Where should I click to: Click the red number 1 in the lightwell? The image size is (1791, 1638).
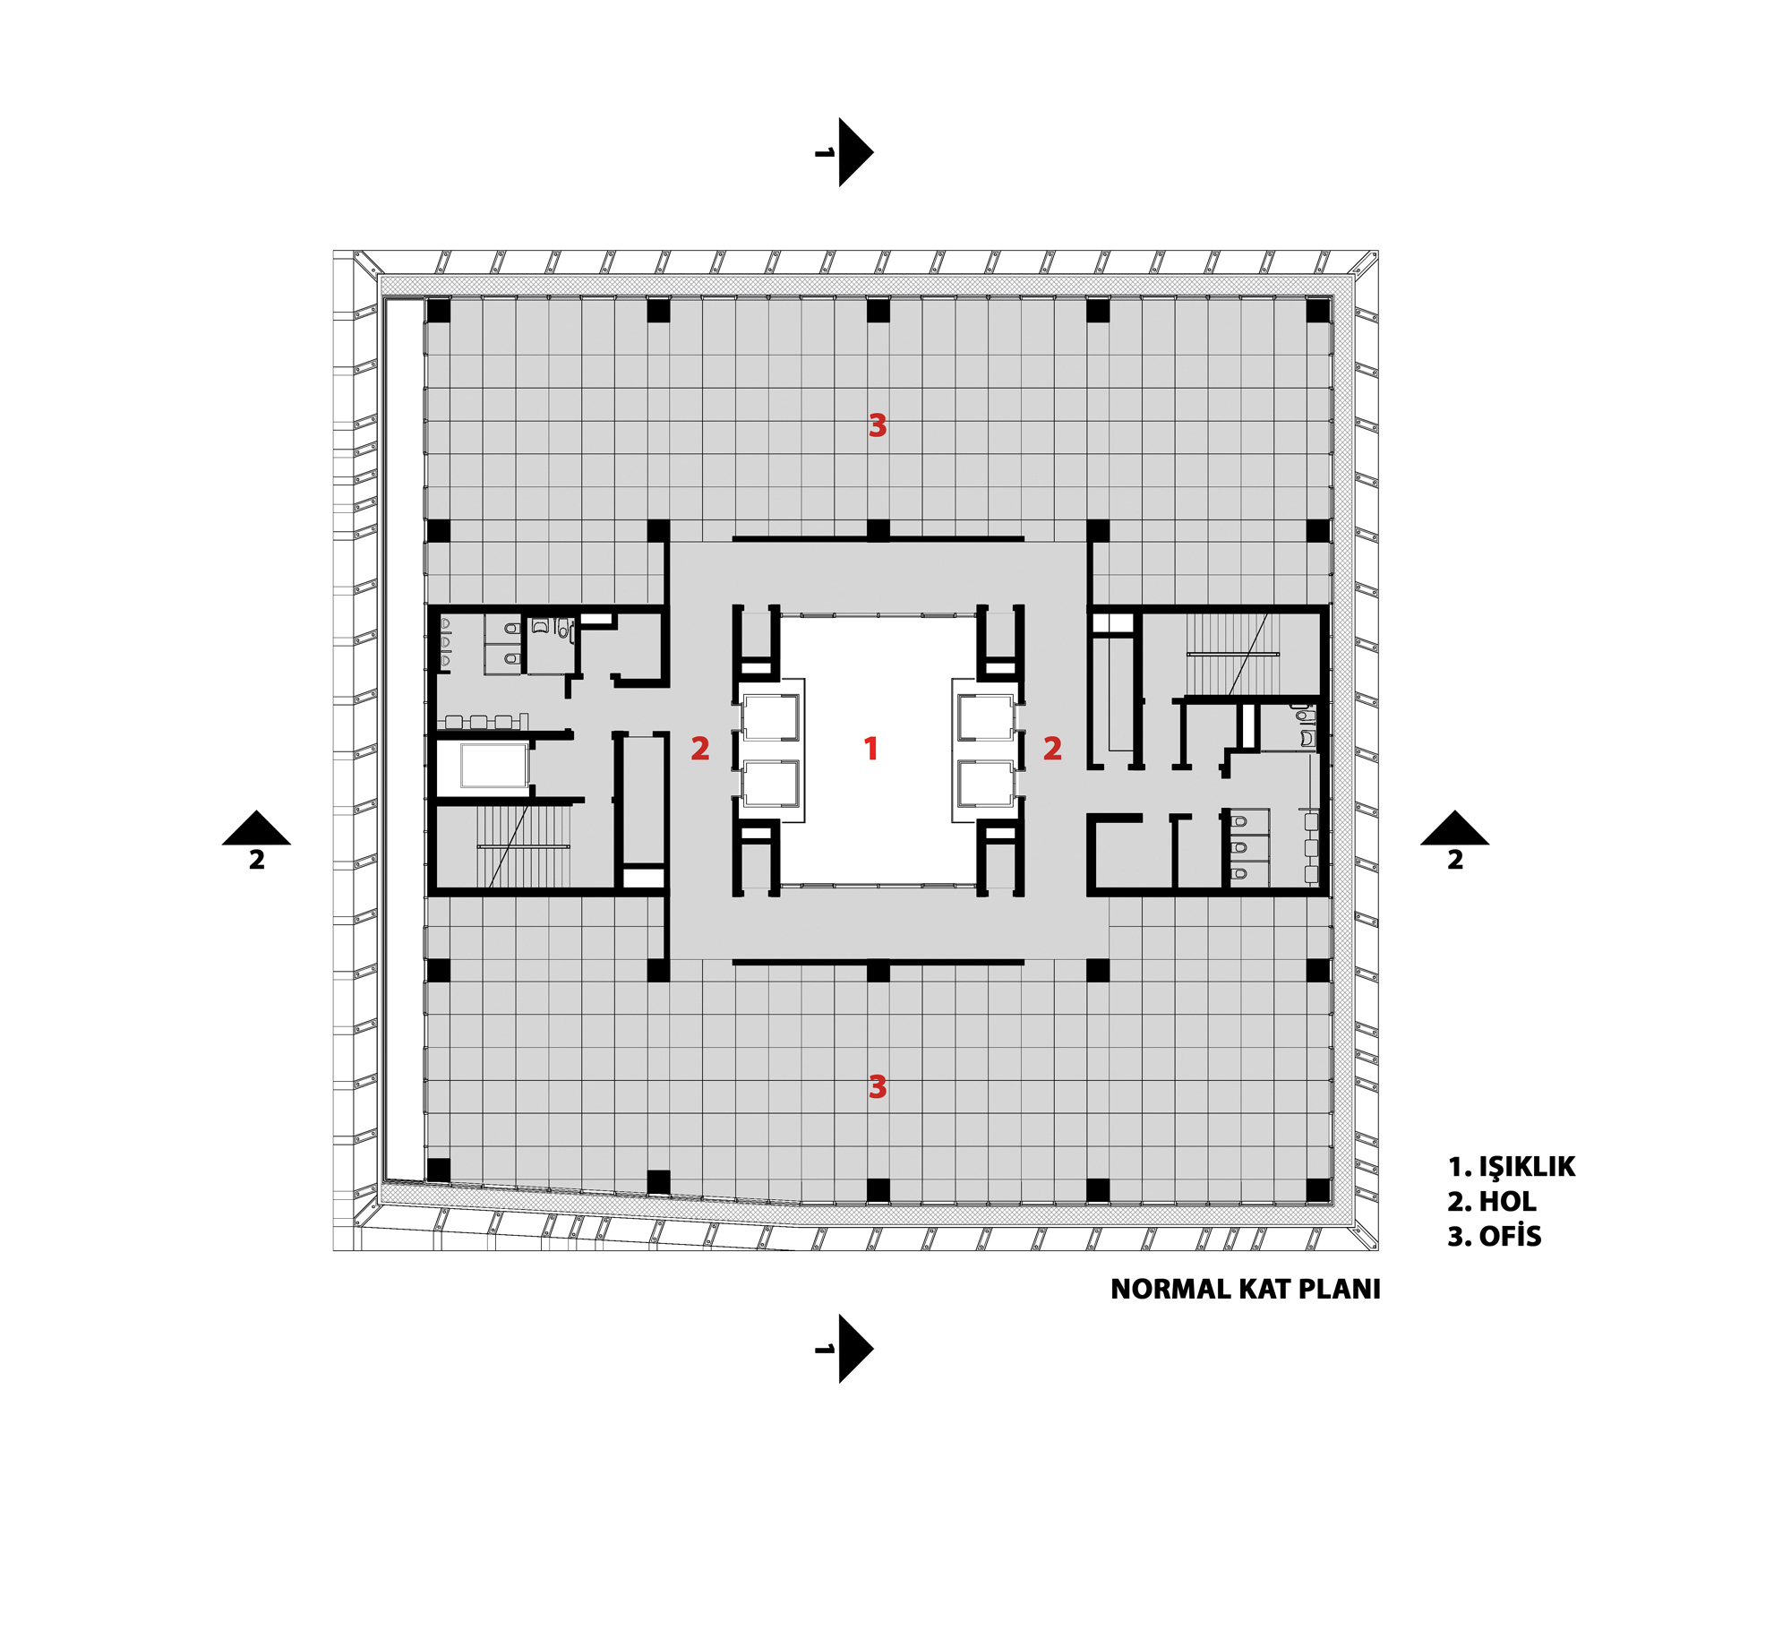(x=870, y=748)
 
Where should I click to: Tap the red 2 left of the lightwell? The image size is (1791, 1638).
(x=700, y=748)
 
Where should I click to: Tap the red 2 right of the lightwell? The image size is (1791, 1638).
(x=1052, y=748)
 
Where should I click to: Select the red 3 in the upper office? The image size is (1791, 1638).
(x=878, y=425)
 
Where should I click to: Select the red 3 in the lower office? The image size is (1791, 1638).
(x=878, y=1087)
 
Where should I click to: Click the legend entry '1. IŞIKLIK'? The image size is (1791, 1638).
(x=1512, y=1167)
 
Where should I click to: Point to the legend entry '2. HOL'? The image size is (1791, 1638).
(x=1492, y=1202)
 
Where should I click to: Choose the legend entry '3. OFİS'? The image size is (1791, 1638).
(x=1495, y=1236)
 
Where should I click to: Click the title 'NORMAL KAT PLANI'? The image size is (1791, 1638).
(x=1246, y=1289)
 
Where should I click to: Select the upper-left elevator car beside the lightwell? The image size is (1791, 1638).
(x=771, y=716)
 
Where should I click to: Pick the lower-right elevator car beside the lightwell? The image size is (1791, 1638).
(x=985, y=784)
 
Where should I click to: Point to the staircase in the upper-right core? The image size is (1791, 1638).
(x=1233, y=654)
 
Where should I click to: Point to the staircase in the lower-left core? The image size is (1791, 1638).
(x=523, y=846)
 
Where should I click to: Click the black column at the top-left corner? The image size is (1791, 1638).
(x=439, y=311)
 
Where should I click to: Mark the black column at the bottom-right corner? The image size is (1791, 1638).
(x=1318, y=1190)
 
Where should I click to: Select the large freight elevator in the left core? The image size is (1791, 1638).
(x=494, y=767)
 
